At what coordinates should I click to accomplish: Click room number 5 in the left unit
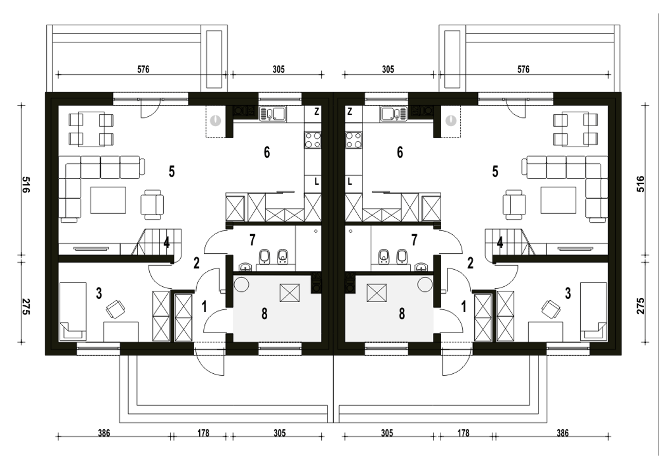(x=172, y=171)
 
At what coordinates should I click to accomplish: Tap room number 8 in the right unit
(x=402, y=314)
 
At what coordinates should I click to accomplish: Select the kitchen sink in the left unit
(x=273, y=114)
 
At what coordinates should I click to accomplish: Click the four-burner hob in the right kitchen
(x=354, y=140)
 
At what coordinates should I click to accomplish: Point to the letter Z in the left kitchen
(x=317, y=112)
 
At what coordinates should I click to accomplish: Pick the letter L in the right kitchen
(x=350, y=182)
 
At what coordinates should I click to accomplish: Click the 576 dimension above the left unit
(x=143, y=69)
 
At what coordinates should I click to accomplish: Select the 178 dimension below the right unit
(x=463, y=433)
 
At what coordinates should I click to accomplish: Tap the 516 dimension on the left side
(x=26, y=184)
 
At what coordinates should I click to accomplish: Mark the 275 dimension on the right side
(x=640, y=306)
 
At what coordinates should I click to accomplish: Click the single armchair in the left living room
(x=152, y=204)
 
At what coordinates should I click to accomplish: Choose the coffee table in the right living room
(x=558, y=200)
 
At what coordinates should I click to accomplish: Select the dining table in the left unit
(x=92, y=129)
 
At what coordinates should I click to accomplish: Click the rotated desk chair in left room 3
(x=115, y=309)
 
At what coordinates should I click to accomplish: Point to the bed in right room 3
(x=594, y=311)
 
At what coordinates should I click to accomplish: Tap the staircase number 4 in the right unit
(x=500, y=243)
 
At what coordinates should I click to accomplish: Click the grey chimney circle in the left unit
(x=216, y=120)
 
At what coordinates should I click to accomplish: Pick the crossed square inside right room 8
(x=376, y=293)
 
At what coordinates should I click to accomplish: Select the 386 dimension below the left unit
(x=104, y=433)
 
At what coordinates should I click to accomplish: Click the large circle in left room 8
(x=241, y=284)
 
